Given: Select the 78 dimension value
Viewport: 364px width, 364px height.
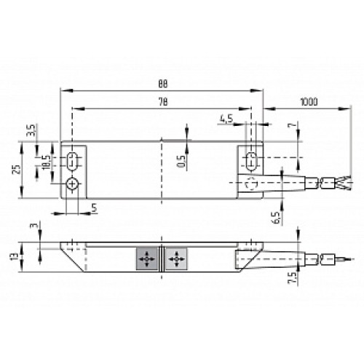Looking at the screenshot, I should click(x=162, y=103).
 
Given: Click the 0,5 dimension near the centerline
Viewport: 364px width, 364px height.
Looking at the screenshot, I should click(x=181, y=159).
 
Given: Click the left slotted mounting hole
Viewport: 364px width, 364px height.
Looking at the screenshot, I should click(x=74, y=159).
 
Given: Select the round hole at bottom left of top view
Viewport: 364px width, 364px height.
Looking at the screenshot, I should click(x=74, y=183).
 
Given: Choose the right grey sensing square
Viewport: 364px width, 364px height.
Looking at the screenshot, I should click(x=175, y=258).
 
